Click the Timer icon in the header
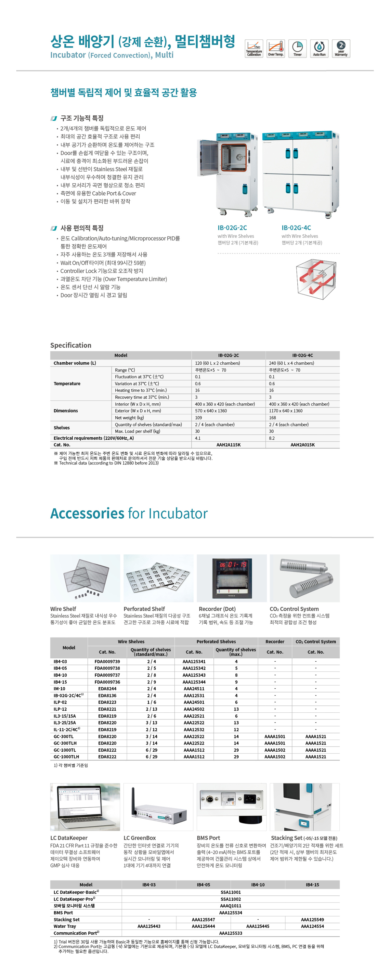[297, 48]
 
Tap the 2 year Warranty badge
[341, 48]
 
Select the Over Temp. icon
[276, 48]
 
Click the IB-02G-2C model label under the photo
[232, 228]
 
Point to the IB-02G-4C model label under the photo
[296, 228]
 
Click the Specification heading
[71, 345]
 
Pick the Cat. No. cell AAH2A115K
[228, 445]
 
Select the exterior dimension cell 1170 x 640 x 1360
[286, 411]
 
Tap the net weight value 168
[273, 418]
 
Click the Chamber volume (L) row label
[74, 363]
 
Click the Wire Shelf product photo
[85, 578]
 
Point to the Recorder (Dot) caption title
[217, 609]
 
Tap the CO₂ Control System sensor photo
[305, 578]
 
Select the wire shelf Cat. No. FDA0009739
[107, 661]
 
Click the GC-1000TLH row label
[66, 757]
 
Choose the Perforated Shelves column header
[216, 642]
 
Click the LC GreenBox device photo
[158, 807]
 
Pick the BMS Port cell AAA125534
[230, 913]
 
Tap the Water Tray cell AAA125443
[149, 926]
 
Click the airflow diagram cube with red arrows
[316, 279]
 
